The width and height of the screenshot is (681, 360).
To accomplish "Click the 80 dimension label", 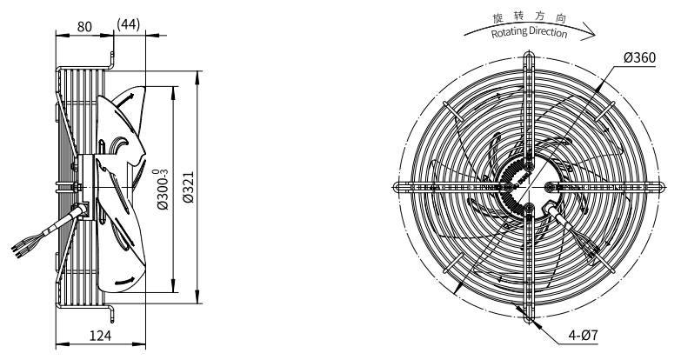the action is pyautogui.click(x=84, y=27).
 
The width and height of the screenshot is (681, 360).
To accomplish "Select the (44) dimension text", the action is pyautogui.click(x=129, y=24).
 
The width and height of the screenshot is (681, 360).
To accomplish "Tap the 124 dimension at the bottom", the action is pyautogui.click(x=100, y=336).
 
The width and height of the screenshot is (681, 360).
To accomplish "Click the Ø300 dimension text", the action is pyautogui.click(x=163, y=190).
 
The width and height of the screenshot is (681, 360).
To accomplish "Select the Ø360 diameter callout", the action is pyautogui.click(x=639, y=57).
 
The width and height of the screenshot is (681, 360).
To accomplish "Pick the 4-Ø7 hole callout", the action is pyautogui.click(x=584, y=336).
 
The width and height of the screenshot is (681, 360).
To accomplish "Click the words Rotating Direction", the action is pyautogui.click(x=529, y=32).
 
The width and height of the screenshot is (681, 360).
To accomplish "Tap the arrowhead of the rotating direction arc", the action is pyautogui.click(x=590, y=34).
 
